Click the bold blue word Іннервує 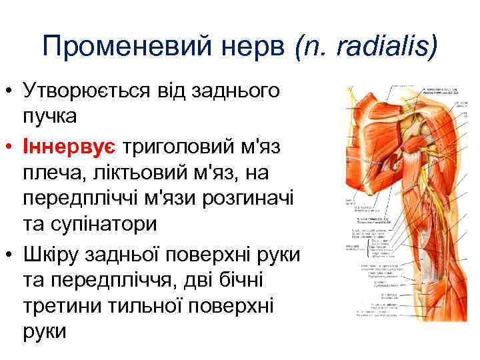coord(68,145)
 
